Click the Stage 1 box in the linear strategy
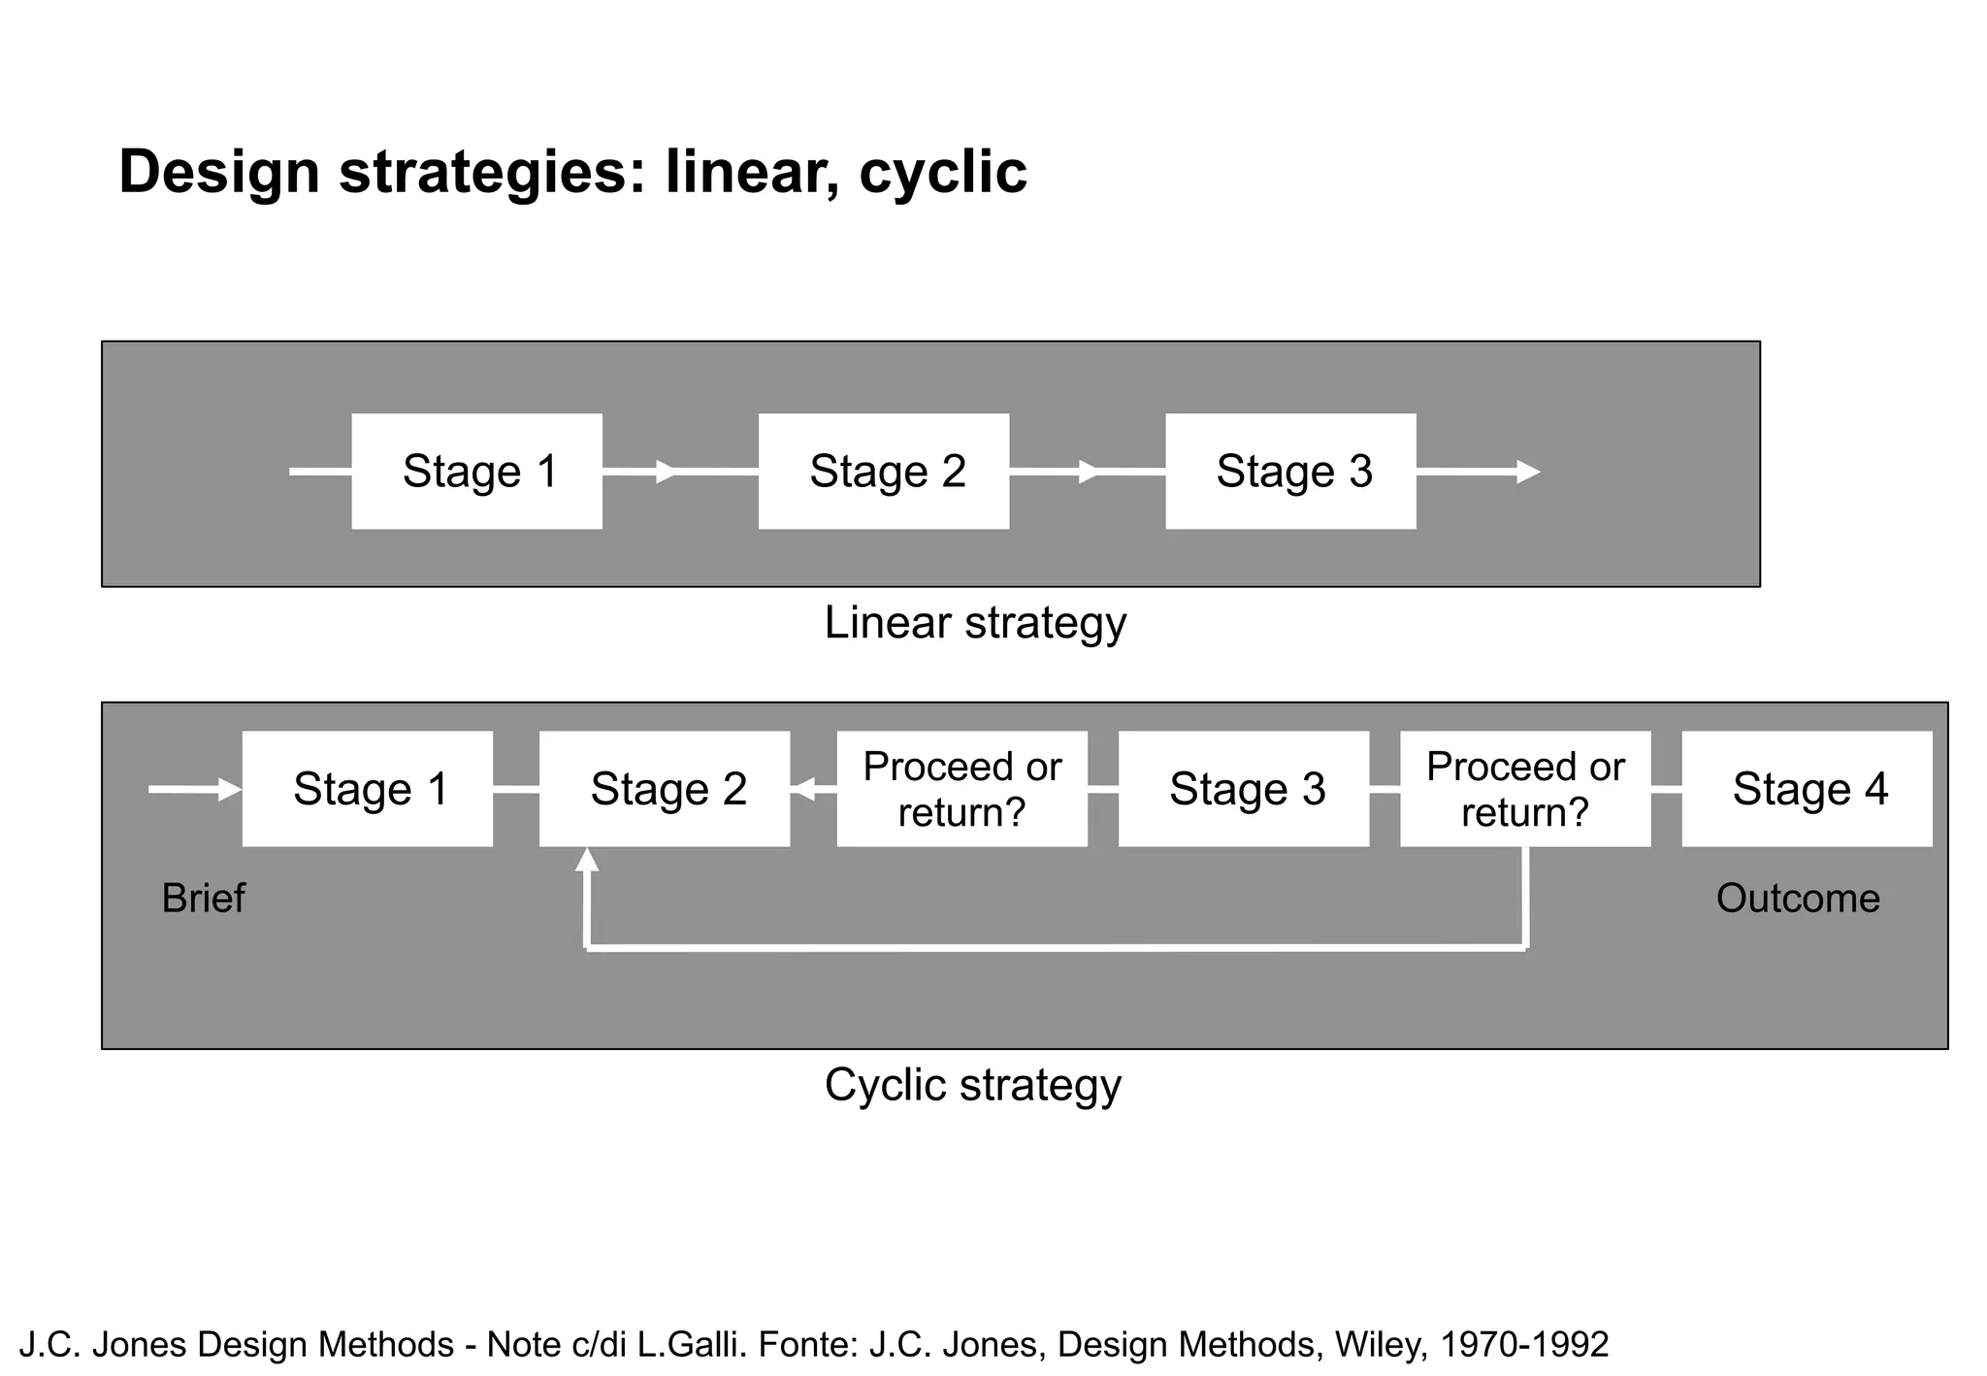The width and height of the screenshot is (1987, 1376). [476, 472]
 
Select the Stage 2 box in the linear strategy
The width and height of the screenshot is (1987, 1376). [883, 472]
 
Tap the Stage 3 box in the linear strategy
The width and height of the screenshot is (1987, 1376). [1290, 472]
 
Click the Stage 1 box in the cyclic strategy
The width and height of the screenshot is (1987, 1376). [367, 789]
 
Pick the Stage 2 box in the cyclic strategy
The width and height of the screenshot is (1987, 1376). [665, 789]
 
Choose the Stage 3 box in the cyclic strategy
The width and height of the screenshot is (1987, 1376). [1244, 789]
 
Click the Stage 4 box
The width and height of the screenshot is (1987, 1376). [1807, 789]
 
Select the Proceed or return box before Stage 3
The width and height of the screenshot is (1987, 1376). [961, 789]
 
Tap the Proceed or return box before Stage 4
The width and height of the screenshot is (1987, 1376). [1525, 789]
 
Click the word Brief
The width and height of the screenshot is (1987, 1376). [203, 899]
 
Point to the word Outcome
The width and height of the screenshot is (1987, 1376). [1798, 899]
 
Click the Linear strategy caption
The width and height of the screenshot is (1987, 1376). [975, 623]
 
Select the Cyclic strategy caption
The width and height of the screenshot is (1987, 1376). [973, 1085]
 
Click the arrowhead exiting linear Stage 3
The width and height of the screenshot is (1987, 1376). [1528, 473]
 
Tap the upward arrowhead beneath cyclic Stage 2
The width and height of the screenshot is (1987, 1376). [587, 860]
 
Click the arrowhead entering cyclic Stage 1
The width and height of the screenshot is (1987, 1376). [230, 790]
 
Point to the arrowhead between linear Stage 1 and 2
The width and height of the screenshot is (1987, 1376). [667, 473]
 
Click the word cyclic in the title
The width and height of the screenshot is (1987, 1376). [942, 173]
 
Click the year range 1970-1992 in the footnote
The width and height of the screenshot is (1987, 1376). [1524, 1345]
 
